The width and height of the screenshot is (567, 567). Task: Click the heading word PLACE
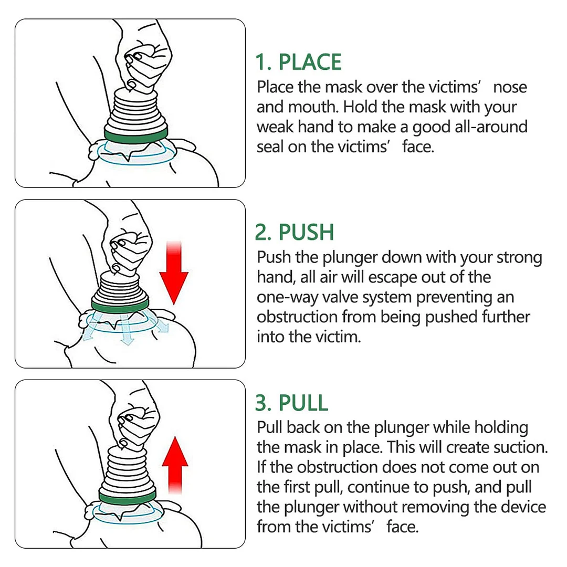coord(310,62)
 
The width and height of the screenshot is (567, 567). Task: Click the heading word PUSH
coord(307,232)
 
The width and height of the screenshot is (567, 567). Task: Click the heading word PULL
coord(303,403)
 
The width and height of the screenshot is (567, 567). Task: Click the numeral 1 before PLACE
coord(262,62)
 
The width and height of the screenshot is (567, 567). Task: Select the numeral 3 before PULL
coord(263,403)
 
